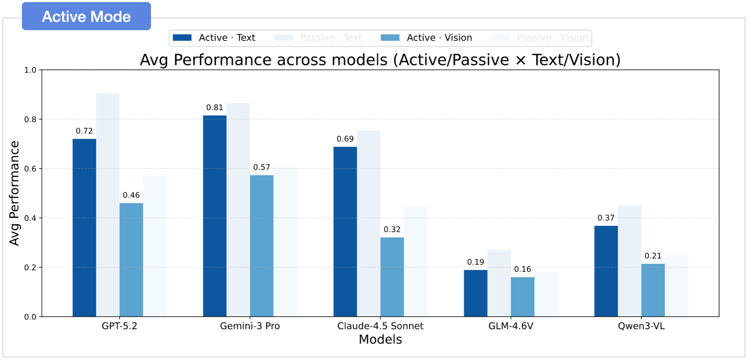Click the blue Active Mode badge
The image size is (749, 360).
(86, 16)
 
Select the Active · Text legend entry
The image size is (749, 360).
(214, 38)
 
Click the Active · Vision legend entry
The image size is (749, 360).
(426, 38)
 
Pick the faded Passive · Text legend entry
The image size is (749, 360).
(318, 38)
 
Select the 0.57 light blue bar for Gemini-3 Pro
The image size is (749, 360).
(261, 246)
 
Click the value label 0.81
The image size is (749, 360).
(215, 107)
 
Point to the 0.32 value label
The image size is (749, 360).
(392, 229)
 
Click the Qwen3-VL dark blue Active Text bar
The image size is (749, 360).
(606, 271)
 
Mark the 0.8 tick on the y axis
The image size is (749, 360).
(30, 120)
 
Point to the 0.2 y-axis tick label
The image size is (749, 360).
(30, 268)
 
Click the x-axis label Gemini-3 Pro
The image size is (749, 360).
(250, 326)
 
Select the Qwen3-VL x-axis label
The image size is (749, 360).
(641, 326)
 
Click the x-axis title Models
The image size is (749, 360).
(380, 339)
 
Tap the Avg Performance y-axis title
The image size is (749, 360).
(14, 193)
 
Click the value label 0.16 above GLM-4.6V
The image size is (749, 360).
(523, 269)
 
